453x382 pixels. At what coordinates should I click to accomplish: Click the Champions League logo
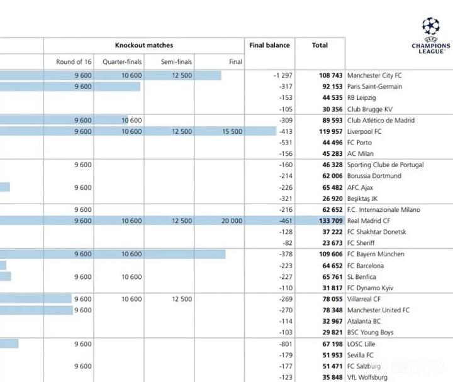click(x=431, y=34)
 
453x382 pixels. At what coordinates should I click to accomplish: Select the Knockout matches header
click(x=143, y=45)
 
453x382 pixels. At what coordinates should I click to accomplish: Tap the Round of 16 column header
click(x=74, y=62)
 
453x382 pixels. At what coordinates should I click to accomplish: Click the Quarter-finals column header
click(x=122, y=62)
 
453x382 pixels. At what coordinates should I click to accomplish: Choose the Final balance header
click(x=269, y=45)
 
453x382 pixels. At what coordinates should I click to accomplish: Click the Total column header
click(x=320, y=45)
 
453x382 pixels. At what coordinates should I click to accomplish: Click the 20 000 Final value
click(x=231, y=221)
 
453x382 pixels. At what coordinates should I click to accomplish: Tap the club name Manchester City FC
click(x=374, y=75)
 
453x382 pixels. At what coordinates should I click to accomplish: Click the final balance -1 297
click(x=279, y=75)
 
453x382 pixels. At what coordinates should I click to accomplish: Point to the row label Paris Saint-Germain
click(x=374, y=87)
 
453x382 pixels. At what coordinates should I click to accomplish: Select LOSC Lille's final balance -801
click(x=284, y=344)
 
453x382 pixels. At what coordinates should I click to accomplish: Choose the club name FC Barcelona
click(x=366, y=266)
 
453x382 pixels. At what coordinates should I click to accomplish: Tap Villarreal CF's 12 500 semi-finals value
click(x=181, y=300)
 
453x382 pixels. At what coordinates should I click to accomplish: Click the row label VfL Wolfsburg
click(x=367, y=378)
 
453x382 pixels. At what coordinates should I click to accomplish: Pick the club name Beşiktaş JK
click(x=362, y=199)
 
